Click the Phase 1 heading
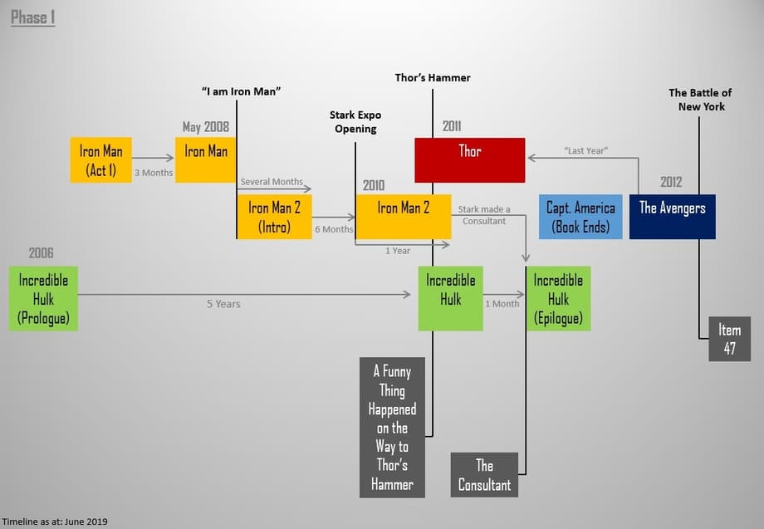(x=33, y=17)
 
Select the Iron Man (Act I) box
(x=100, y=160)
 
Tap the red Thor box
(x=469, y=159)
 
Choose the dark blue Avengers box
(x=672, y=217)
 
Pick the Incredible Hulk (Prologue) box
(x=43, y=298)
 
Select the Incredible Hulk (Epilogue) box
(x=558, y=298)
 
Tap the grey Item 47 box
(x=729, y=339)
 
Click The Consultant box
(x=484, y=474)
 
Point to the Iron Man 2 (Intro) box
(x=274, y=217)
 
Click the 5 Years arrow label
(x=223, y=304)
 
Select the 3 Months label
(x=153, y=173)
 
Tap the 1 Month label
(x=502, y=304)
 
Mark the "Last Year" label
(x=586, y=150)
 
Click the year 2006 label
(x=42, y=252)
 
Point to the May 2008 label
(x=205, y=127)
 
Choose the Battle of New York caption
(x=700, y=100)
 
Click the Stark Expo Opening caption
(x=355, y=121)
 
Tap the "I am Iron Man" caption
(x=241, y=91)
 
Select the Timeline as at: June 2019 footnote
(x=60, y=521)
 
